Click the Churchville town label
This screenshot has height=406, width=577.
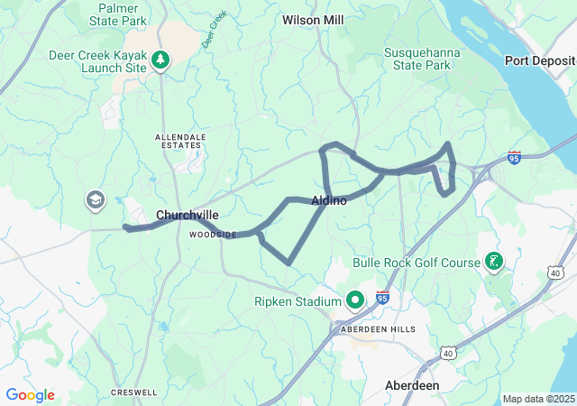pos(187,215)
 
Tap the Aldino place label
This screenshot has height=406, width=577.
pos(329,200)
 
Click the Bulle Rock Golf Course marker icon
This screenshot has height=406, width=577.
pos(493,263)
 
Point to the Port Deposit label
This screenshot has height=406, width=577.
pos(540,61)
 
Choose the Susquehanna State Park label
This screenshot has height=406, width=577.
pos(423,60)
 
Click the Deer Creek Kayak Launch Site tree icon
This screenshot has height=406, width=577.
pos(160,60)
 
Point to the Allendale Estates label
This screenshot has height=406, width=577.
pos(180,142)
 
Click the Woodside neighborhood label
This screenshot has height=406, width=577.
pos(212,235)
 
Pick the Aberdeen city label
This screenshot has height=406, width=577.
pos(412,385)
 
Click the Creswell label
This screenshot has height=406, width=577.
pos(134,392)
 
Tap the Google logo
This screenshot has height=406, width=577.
pos(30,395)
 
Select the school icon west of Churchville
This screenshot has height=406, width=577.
pos(95,199)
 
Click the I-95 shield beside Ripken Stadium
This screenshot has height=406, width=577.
pos(382,296)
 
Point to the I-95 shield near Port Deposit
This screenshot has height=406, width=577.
pos(514,156)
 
